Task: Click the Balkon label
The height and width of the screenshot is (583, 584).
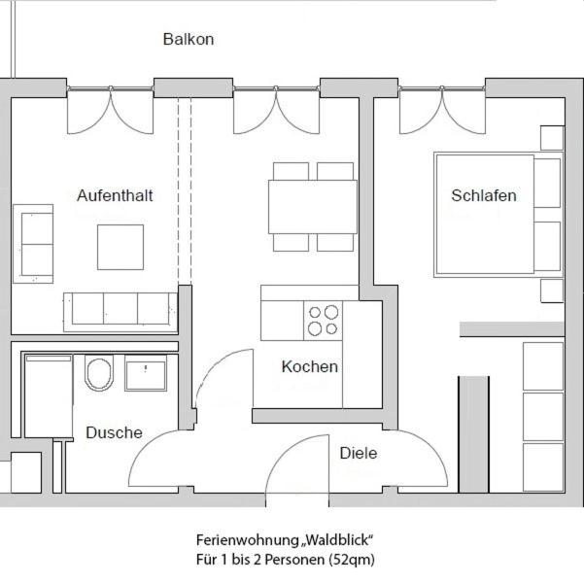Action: [189, 40]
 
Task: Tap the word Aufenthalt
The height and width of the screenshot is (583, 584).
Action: [115, 195]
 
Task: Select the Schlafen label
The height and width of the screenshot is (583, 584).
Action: [484, 195]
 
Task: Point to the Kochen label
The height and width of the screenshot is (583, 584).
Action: [310, 366]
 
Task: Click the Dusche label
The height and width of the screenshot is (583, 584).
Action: [114, 432]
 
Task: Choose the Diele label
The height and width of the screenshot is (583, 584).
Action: [359, 453]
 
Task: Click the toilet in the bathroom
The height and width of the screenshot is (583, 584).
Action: [99, 373]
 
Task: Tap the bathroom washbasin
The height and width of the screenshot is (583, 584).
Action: [146, 372]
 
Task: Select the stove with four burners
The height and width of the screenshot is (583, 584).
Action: [324, 321]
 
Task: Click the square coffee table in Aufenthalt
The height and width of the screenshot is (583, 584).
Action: [120, 247]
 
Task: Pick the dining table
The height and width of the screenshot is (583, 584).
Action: [312, 206]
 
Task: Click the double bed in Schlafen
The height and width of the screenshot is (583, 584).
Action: [486, 214]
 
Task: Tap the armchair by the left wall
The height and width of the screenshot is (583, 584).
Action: [33, 243]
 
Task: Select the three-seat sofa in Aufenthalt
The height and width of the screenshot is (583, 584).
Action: [120, 310]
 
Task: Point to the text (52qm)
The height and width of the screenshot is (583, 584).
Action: [353, 560]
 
